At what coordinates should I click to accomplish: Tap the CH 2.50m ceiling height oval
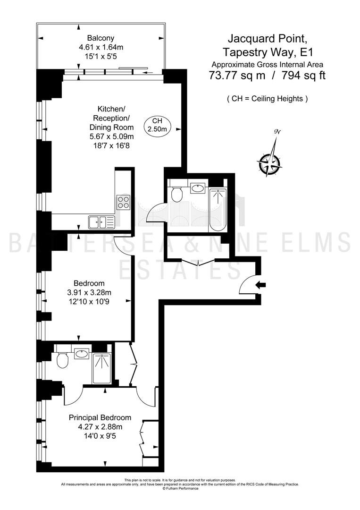tap(157, 125)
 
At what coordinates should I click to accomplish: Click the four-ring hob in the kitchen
tap(124, 202)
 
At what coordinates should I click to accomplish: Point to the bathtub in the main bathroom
tap(218, 210)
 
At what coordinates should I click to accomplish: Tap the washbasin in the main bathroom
tap(197, 188)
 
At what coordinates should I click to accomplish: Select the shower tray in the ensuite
tap(102, 368)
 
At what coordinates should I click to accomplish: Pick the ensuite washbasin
tap(82, 354)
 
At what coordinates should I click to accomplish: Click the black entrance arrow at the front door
tap(260, 285)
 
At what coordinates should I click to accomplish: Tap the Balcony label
tap(100, 38)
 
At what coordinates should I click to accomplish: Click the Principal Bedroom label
tap(100, 417)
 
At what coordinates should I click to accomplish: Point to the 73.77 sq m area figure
tap(237, 76)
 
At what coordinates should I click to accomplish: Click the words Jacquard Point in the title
tap(267, 39)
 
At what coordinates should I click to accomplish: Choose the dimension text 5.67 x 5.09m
tap(111, 136)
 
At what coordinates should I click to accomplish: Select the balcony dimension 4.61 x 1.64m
tap(101, 47)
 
